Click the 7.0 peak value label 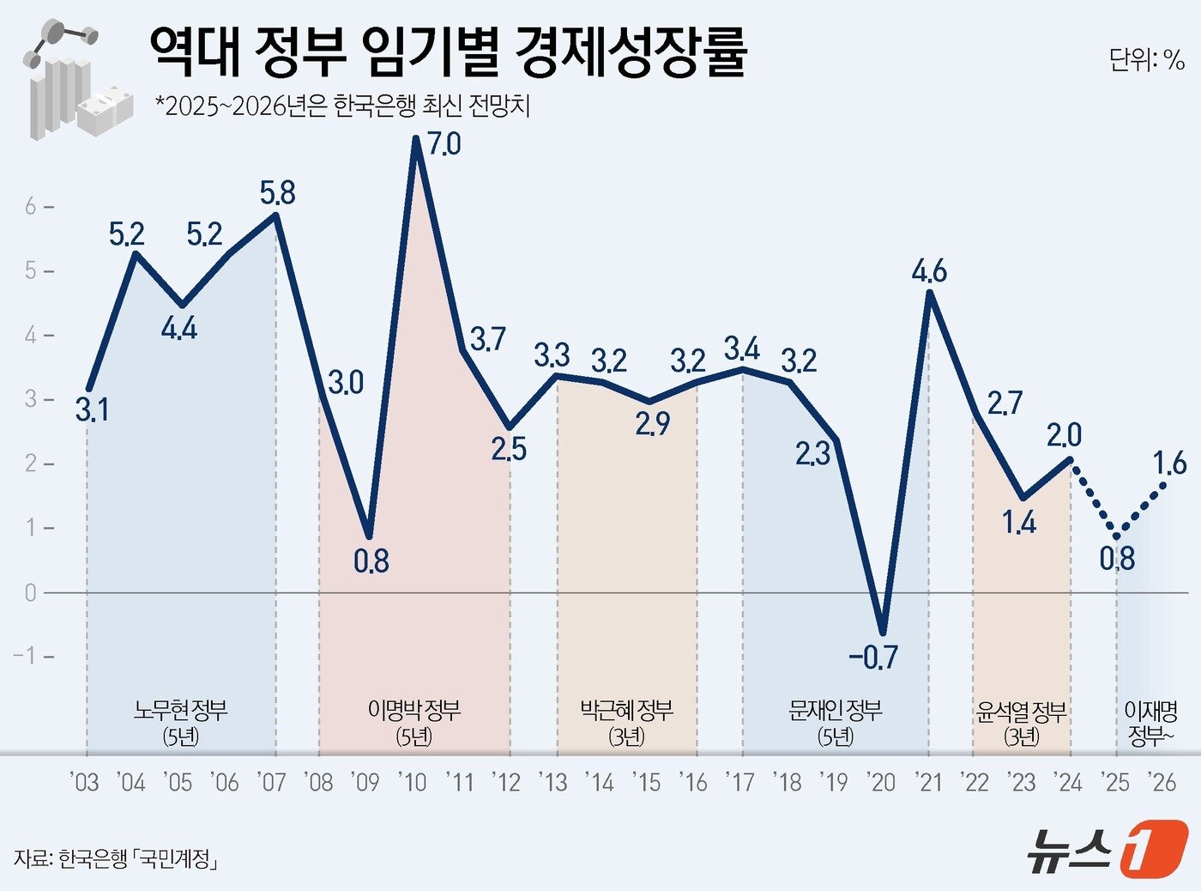pos(444,144)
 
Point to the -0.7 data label pos(872,658)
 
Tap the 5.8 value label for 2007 pos(277,193)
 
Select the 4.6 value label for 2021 pos(929,271)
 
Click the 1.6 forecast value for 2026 pos(1168,464)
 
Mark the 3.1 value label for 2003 pos(92,410)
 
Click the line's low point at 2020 pos(883,633)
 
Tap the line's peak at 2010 pos(416,139)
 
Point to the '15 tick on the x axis pos(647,782)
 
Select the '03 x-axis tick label pos(84,782)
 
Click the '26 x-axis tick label pos(1162,782)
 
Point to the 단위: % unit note pos(1146,59)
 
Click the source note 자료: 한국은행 pos(115,858)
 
